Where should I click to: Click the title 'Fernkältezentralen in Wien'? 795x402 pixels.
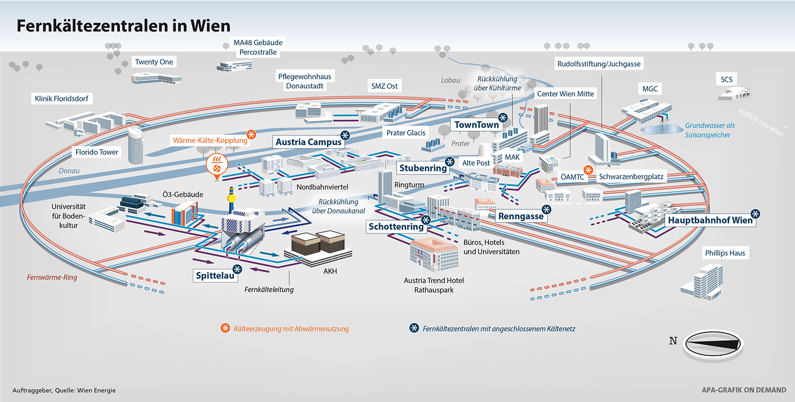click(x=123, y=26)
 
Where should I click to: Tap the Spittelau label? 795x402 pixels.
click(x=215, y=276)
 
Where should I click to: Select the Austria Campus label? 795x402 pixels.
click(x=309, y=142)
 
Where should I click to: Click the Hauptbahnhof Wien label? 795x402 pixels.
click(x=710, y=220)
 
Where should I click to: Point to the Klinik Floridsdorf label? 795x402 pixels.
click(x=62, y=98)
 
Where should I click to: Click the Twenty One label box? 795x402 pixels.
click(x=154, y=62)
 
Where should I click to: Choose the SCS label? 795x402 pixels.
click(x=726, y=80)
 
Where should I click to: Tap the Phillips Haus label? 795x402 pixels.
click(x=725, y=253)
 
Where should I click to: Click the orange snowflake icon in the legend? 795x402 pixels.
click(x=225, y=328)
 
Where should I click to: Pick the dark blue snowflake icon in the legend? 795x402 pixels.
click(x=414, y=328)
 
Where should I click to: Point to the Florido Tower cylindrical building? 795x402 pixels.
click(x=136, y=145)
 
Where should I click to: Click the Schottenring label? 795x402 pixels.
click(x=396, y=227)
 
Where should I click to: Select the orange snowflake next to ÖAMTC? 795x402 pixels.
click(x=588, y=170)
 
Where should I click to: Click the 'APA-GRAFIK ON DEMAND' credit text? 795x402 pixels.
click(x=744, y=390)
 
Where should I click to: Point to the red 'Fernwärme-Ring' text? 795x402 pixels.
click(x=52, y=277)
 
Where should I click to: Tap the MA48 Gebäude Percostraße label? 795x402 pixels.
click(x=258, y=47)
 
